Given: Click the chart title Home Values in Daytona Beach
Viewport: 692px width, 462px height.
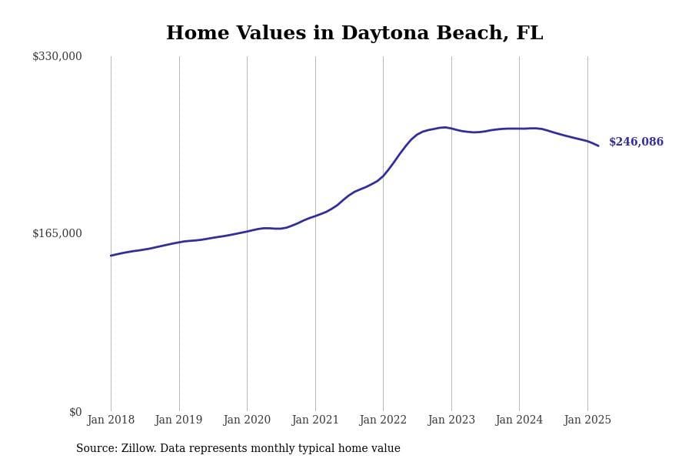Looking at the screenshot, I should click(x=354, y=34).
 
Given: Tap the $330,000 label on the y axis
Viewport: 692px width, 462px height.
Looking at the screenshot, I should click(x=57, y=56).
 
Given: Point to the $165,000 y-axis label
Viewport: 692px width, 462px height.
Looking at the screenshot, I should click(x=57, y=233).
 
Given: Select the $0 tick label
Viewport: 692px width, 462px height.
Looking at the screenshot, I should click(x=75, y=412).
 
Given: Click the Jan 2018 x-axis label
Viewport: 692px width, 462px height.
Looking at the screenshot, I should click(x=111, y=420).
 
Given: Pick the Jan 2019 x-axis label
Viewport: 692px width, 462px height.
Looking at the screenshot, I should click(x=178, y=420).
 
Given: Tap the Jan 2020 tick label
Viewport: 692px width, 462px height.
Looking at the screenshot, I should click(x=247, y=420).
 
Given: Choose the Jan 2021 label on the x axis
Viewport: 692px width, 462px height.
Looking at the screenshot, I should click(x=315, y=420).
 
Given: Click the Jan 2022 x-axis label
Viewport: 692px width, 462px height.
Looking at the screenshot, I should click(x=383, y=420).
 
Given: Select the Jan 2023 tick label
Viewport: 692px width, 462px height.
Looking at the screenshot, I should click(x=451, y=420).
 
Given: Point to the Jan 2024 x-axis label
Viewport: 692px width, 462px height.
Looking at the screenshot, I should click(x=519, y=420).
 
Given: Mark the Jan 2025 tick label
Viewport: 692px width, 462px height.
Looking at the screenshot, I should click(x=587, y=420).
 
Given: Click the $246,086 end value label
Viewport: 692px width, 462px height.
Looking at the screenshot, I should click(x=636, y=142).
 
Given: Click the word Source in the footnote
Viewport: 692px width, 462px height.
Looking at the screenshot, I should click(x=96, y=449).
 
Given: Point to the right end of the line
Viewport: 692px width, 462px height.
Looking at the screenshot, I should click(x=598, y=146).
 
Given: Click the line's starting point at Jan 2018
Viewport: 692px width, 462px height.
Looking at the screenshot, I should click(x=111, y=256).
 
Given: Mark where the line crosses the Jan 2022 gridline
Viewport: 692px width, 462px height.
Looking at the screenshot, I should click(x=383, y=176).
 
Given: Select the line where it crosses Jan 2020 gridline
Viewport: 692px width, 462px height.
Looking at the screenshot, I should click(x=247, y=231).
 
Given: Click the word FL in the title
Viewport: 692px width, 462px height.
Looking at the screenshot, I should click(x=529, y=34).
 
